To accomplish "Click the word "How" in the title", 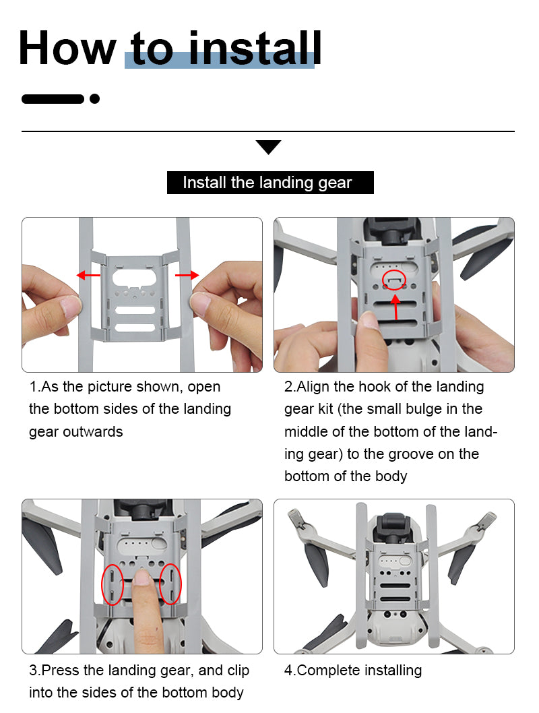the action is click(67, 48).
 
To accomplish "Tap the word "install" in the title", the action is click(255, 47).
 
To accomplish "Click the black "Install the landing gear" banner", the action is click(270, 183).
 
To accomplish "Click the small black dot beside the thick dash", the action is click(94, 98).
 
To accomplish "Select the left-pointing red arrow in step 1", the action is click(88, 275).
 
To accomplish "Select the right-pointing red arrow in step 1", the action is click(187, 275).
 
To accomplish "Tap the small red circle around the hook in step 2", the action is click(394, 280).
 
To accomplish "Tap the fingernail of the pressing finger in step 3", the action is click(142, 577).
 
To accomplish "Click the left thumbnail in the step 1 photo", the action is click(70, 307).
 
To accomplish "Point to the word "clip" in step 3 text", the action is click(239, 671).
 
